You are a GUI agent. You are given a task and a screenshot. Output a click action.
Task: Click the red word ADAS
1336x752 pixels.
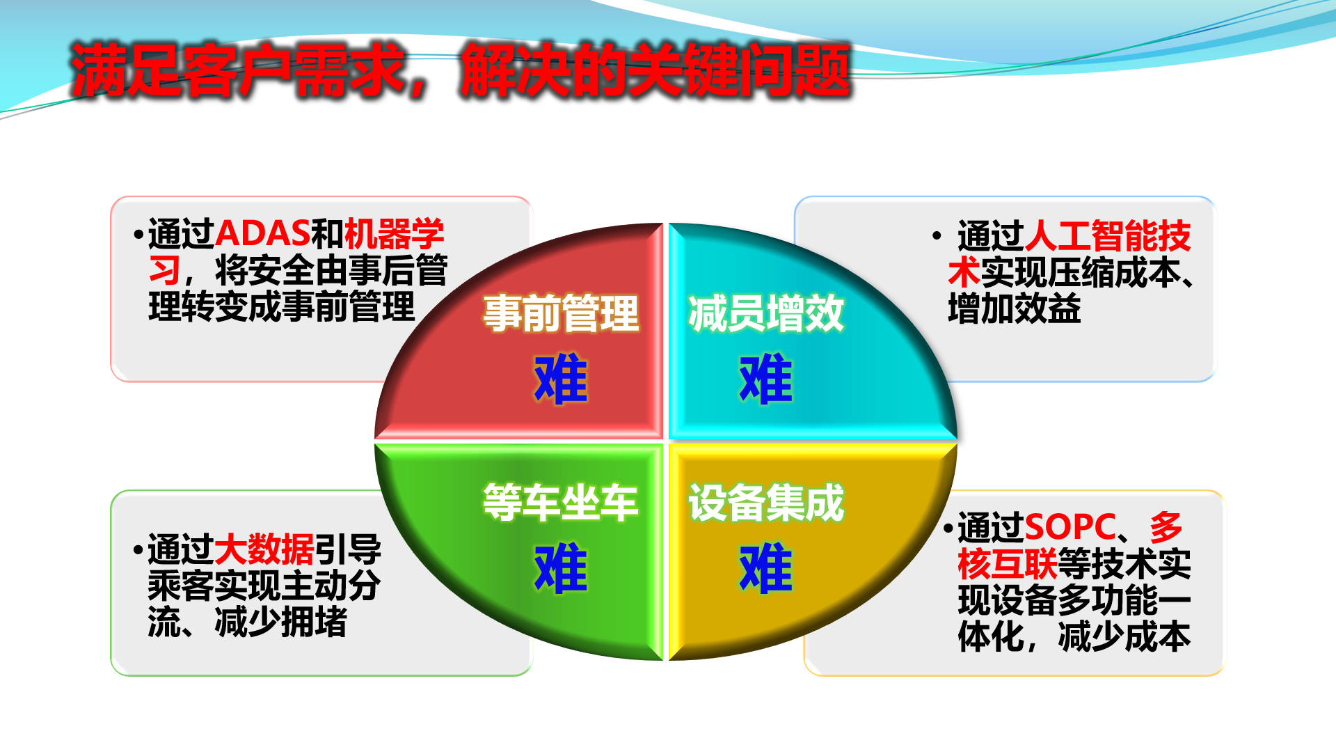coord(262,233)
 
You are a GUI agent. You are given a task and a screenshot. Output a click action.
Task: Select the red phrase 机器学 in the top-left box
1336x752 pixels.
coord(394,233)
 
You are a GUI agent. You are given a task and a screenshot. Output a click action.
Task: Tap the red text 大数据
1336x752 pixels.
coord(264,549)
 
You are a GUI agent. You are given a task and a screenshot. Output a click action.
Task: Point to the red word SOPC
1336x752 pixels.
coord(1070,527)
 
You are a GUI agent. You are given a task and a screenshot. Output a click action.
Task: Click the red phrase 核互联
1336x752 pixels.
coord(1008,563)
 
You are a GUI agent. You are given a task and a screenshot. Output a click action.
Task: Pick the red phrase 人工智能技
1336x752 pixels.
coord(1108,236)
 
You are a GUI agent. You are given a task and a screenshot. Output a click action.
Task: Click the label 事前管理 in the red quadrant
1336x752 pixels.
coord(561,313)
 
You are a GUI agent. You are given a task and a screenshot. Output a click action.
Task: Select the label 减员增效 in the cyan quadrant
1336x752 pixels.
coord(766,313)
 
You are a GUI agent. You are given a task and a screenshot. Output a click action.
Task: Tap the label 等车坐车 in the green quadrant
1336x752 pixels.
coord(561,502)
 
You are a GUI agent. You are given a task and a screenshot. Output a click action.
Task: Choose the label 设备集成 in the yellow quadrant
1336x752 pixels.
coord(766,502)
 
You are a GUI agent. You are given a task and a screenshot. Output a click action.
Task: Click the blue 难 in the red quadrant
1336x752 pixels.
coord(561,379)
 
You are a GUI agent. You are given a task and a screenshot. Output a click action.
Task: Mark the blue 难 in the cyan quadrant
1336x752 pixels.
coord(766,379)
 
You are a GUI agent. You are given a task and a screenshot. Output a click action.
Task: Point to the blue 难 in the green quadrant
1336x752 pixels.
coord(561,568)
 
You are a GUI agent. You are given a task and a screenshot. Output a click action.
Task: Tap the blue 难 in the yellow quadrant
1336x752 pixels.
coord(766,568)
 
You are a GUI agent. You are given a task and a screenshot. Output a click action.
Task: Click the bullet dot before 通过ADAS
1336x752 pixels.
coord(138,235)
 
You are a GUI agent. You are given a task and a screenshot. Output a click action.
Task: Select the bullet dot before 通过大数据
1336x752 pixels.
coord(138,550)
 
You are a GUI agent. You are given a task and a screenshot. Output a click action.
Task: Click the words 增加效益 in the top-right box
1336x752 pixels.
coord(1015,308)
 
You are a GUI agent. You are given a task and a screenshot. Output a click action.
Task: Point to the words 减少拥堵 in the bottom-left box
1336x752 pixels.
coord(281,622)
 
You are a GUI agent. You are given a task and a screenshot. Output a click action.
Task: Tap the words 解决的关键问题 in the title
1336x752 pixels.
coord(655,70)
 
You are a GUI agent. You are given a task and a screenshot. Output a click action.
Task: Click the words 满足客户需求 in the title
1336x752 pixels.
coord(238,70)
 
